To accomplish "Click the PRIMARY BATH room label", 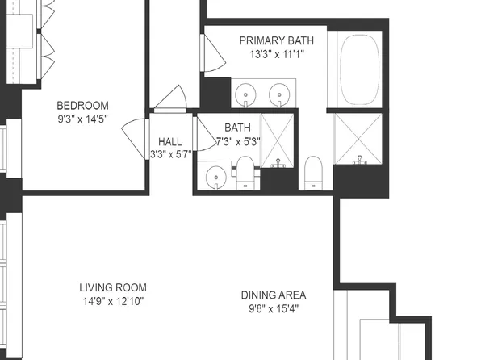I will click(x=277, y=40).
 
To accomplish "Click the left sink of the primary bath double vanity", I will click(x=245, y=94).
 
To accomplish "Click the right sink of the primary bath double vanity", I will click(x=279, y=94).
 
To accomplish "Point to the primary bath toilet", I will click(x=314, y=173).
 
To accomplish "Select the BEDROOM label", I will click(x=82, y=106).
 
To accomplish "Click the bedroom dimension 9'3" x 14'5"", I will click(x=82, y=120).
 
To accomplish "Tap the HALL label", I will click(x=170, y=140).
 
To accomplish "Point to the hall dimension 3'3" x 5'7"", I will click(x=170, y=154).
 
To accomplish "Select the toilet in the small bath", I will click(x=245, y=173).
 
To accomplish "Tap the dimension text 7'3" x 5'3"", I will click(x=237, y=141).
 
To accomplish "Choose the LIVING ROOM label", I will click(x=112, y=288).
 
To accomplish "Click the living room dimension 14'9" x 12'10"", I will click(x=112, y=303).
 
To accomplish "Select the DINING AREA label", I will click(x=274, y=295).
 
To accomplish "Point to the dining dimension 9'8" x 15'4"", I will click(x=274, y=308).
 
